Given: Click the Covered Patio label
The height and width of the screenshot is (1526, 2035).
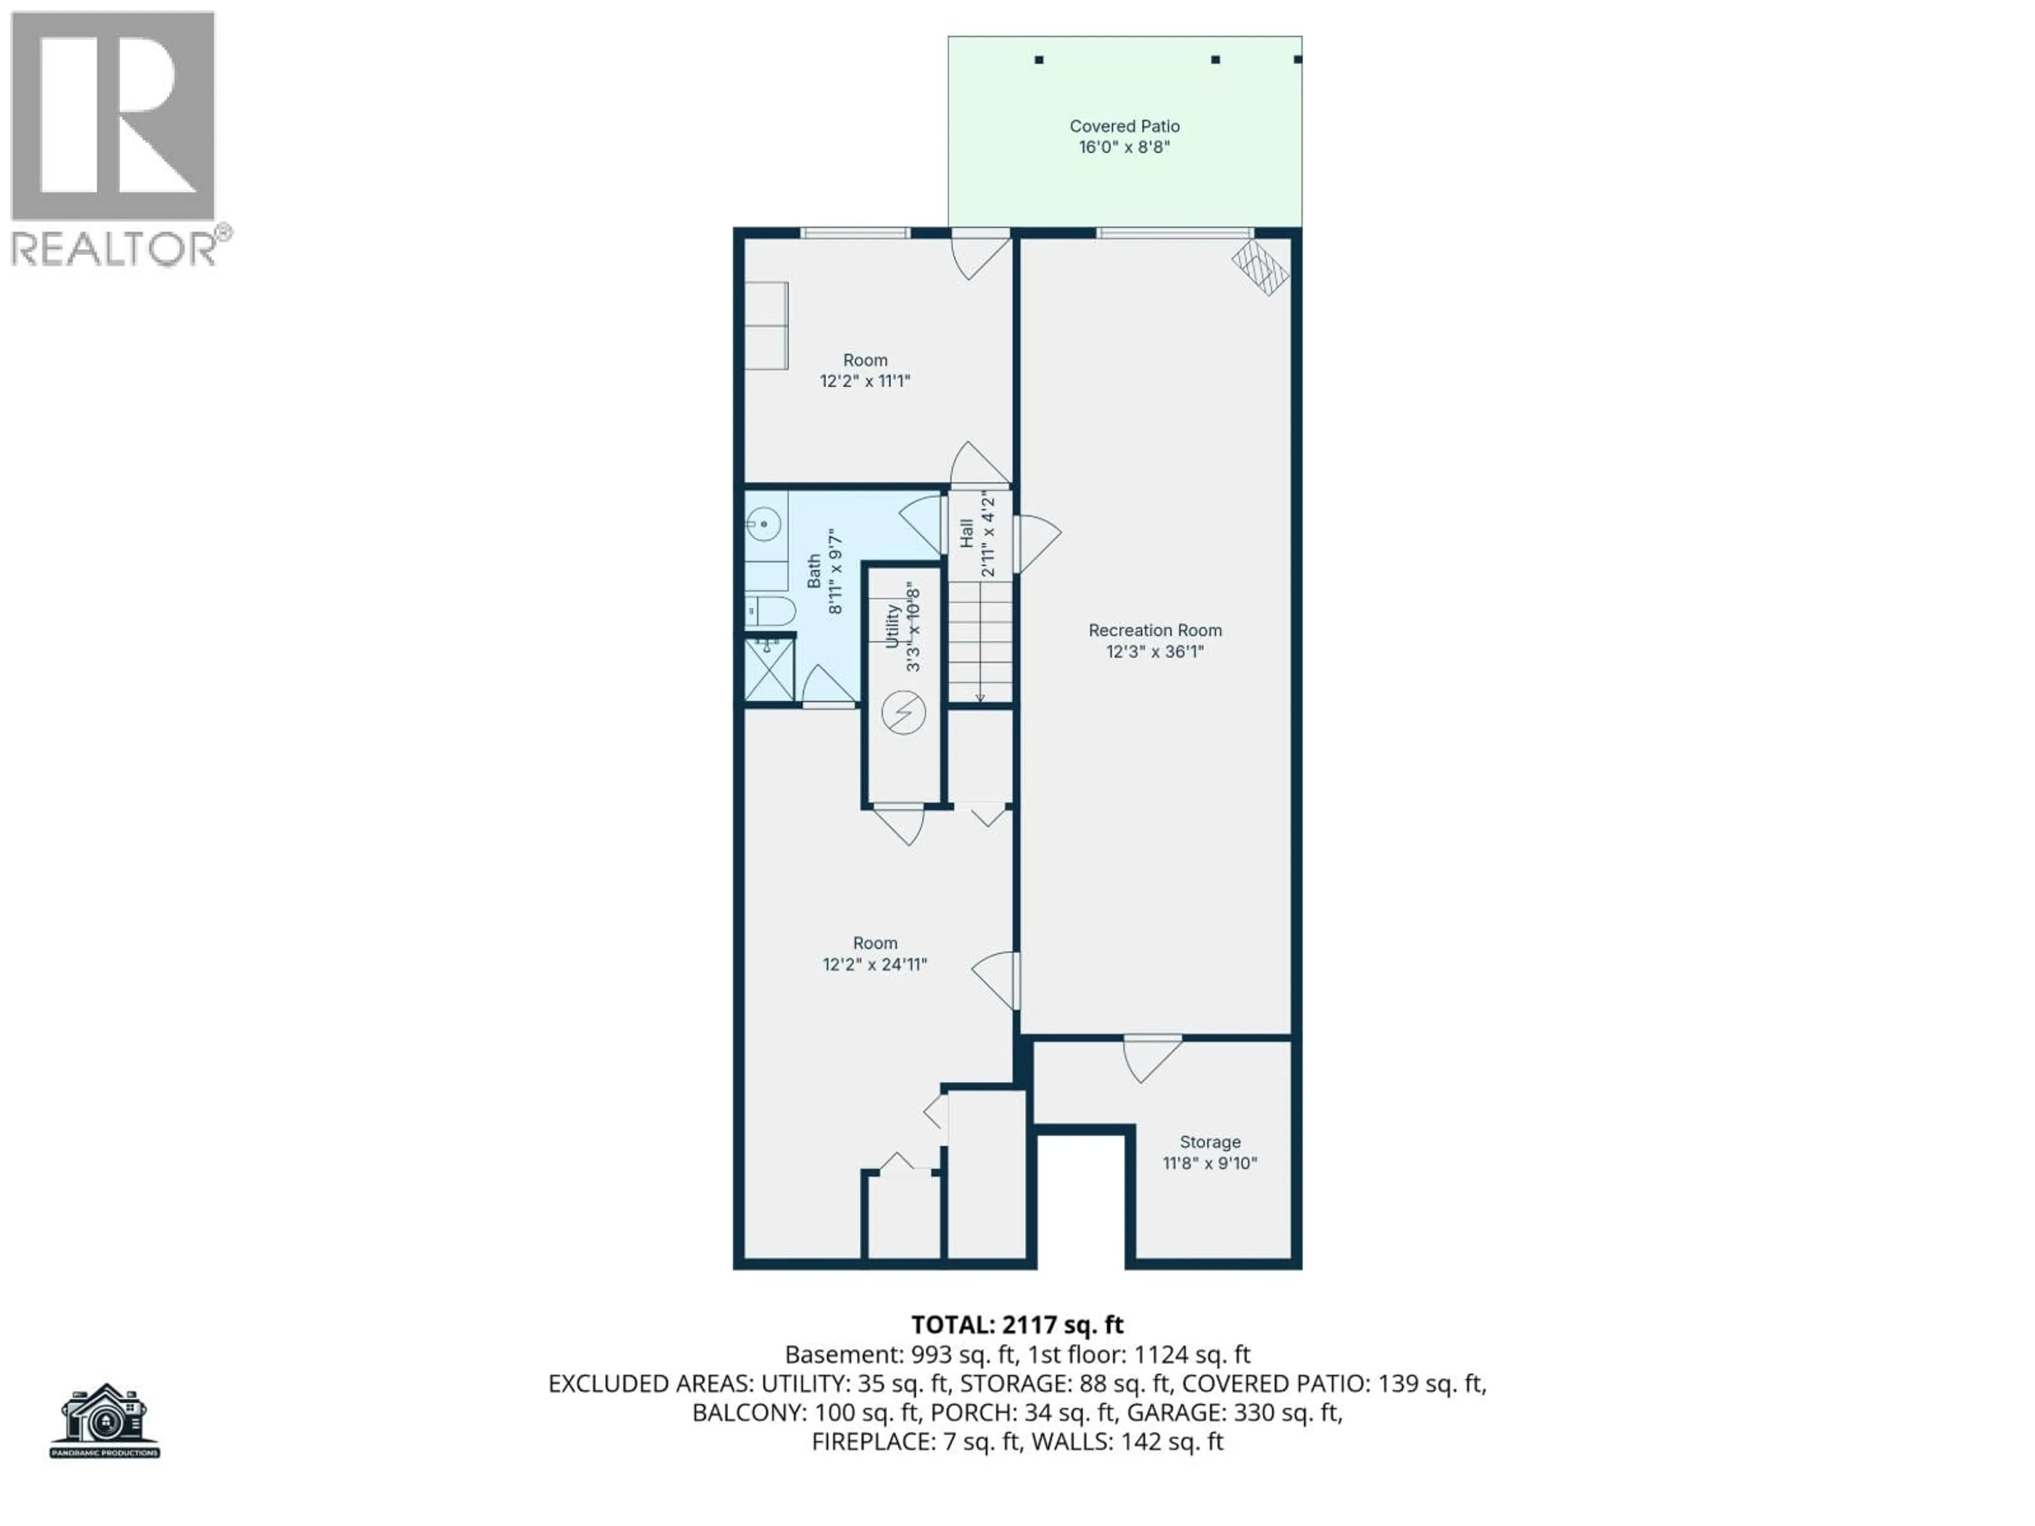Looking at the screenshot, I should point(1123,126).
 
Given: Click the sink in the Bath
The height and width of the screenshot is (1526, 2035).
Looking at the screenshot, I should point(764,525).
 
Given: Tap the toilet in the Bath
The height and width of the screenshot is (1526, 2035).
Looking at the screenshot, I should point(771,610).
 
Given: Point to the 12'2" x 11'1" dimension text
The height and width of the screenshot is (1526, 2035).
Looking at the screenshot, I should point(865,381).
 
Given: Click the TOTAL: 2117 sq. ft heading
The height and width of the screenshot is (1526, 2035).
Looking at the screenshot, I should point(1016,1325).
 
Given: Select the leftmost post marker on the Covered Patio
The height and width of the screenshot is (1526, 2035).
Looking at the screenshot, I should point(1039,60).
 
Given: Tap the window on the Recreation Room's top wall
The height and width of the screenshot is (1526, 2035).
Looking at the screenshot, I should point(1174,233).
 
